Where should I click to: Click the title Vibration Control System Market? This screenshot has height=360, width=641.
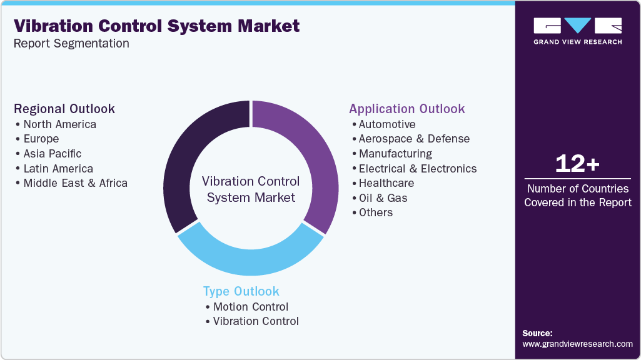[156, 26]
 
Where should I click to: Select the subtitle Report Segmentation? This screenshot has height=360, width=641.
[71, 44]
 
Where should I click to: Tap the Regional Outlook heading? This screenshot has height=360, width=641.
[64, 109]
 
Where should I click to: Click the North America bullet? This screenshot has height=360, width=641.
[59, 124]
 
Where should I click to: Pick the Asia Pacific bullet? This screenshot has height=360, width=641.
[52, 154]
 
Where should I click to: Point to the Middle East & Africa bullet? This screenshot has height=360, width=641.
[75, 183]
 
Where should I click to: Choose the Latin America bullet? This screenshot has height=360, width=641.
[58, 169]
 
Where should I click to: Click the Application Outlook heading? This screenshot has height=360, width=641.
[407, 109]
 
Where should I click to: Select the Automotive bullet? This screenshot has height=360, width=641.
[386, 124]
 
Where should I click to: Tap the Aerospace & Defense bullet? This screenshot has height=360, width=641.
[414, 139]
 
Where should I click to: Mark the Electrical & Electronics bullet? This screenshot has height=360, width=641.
[417, 169]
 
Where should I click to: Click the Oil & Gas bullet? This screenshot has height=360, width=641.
[383, 198]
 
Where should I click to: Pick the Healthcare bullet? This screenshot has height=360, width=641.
[386, 183]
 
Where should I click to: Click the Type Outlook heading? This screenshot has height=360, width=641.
[241, 291]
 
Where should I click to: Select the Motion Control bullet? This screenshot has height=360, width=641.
[250, 307]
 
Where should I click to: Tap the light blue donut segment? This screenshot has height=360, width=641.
[250, 259]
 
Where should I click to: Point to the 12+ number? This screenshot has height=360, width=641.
[577, 164]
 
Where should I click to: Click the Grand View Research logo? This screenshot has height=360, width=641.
[577, 31]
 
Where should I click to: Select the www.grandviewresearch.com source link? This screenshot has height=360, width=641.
[577, 344]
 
